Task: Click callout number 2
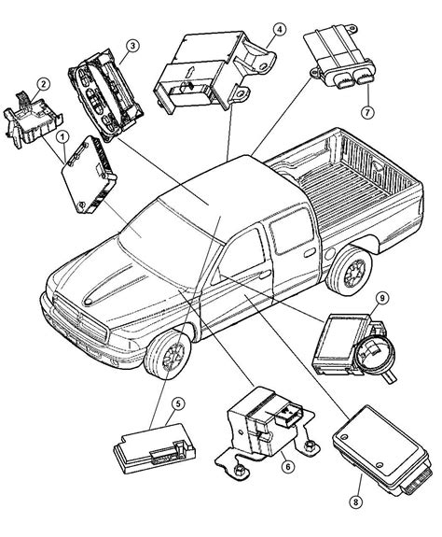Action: (41, 86)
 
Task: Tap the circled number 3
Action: (133, 46)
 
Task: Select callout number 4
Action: (279, 29)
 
